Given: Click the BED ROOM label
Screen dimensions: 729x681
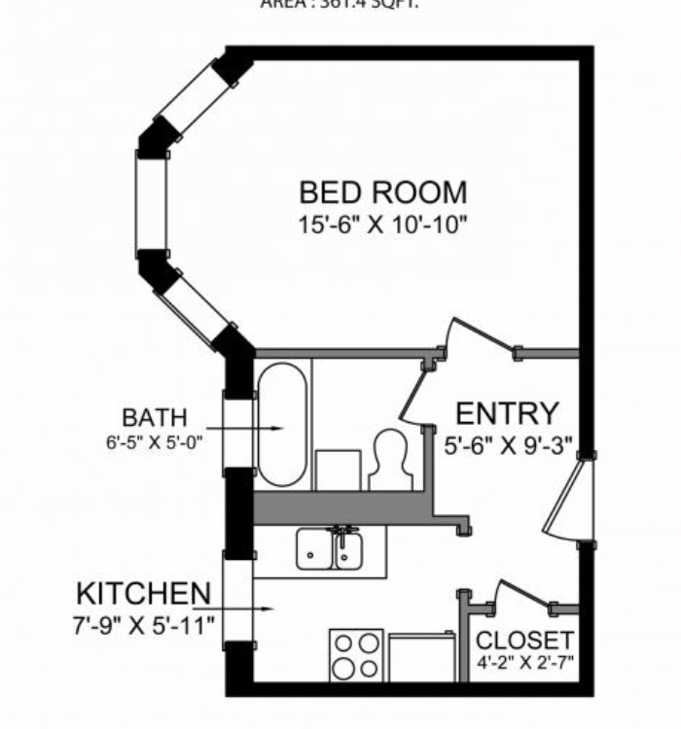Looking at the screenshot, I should point(382,191).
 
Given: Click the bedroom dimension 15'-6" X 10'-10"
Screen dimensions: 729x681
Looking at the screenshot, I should point(382,224).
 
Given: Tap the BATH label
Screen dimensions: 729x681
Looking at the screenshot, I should point(155,419).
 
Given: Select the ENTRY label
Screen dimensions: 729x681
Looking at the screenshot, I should point(507,414).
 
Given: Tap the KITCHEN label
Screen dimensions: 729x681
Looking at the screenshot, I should point(143,593).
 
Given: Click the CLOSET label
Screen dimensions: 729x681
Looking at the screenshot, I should point(524,641).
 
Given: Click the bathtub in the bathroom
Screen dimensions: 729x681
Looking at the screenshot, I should point(281,425).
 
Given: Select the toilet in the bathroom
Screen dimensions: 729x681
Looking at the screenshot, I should point(392,458).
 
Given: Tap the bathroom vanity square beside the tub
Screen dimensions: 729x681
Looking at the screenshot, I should point(338,470).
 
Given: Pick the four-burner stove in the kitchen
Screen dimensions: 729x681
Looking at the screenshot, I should point(356,656).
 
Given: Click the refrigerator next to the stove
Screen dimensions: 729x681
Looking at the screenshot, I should point(421,657).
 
